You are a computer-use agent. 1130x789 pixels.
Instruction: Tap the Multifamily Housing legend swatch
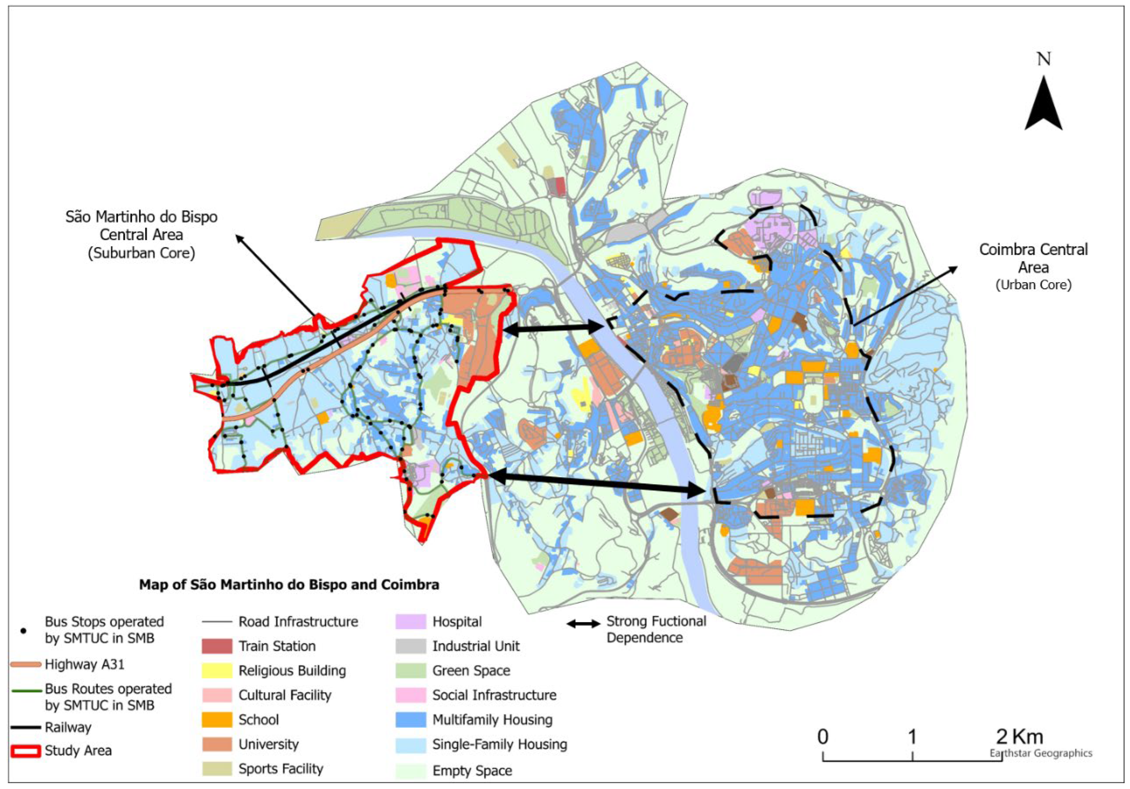coord(410,720)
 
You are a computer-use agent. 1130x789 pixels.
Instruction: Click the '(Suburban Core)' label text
coord(141,253)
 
